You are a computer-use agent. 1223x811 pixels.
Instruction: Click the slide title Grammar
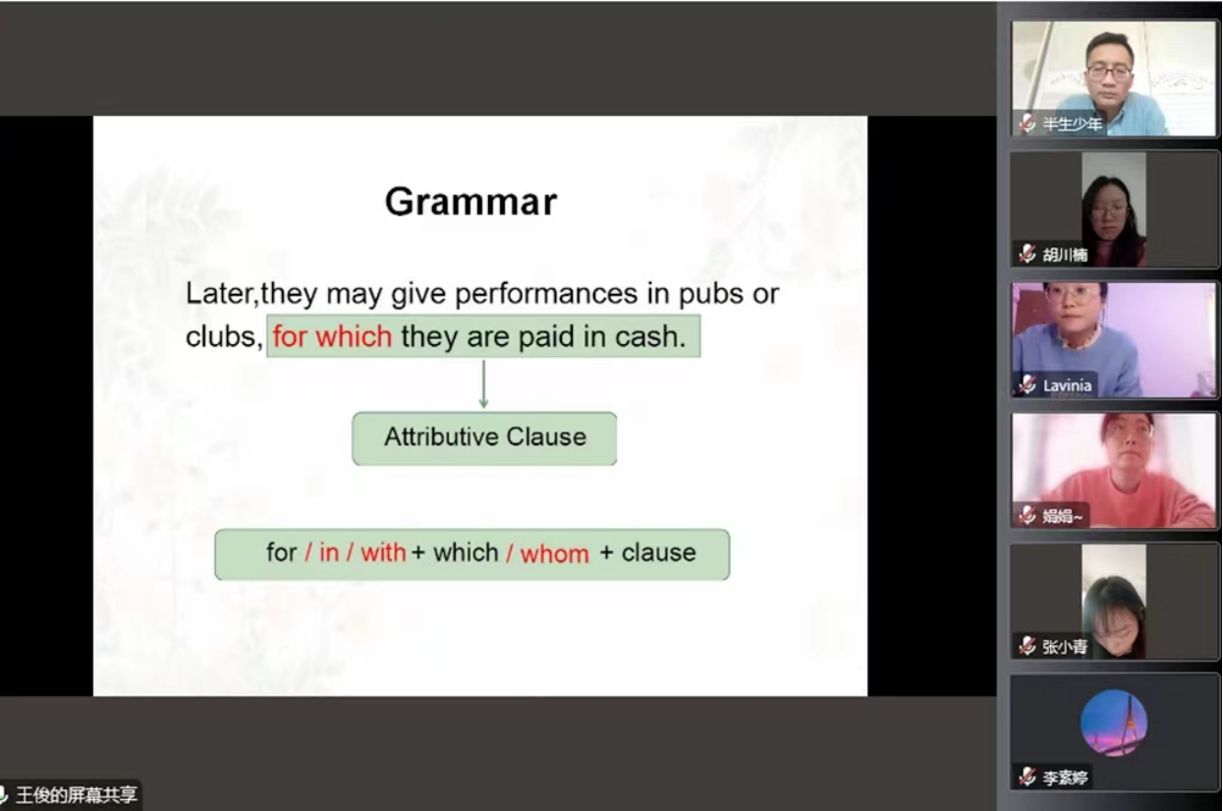coord(472,202)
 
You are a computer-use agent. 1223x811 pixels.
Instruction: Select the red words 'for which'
coord(332,335)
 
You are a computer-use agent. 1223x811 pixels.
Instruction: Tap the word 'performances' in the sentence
coord(546,294)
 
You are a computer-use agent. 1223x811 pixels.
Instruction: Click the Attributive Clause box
coord(484,438)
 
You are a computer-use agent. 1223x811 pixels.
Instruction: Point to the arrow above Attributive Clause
coord(483,384)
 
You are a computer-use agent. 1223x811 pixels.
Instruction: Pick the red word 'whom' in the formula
coord(555,554)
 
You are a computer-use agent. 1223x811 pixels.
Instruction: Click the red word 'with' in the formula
coord(383,552)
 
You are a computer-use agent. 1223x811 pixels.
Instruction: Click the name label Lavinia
coord(1067,385)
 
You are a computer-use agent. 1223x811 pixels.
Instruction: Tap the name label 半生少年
coord(1073,124)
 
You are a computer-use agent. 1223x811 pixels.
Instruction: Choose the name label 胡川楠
coord(1065,255)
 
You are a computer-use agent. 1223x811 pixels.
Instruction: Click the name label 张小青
coord(1065,647)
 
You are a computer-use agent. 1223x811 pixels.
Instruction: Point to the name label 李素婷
coord(1065,778)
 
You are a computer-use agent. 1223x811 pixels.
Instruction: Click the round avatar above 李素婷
coord(1114,723)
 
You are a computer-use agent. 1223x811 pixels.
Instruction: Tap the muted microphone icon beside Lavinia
coord(1027,384)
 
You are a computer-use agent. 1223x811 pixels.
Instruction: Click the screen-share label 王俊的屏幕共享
coord(77,794)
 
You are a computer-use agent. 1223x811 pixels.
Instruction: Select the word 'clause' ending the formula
coord(658,552)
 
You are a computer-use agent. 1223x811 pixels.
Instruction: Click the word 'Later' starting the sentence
coord(219,294)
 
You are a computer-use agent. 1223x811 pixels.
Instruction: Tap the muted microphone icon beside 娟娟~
coord(1027,515)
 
